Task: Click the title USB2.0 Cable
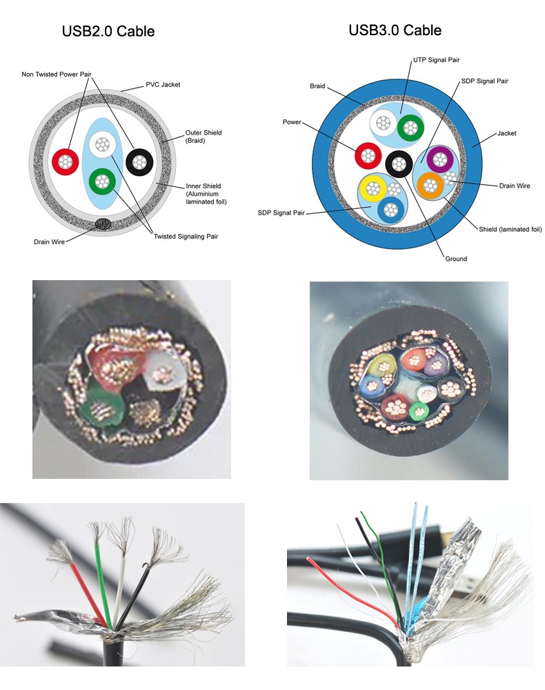(x=108, y=32)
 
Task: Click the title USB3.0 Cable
(x=395, y=30)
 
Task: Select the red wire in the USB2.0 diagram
(x=66, y=161)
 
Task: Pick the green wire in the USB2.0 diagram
(x=102, y=182)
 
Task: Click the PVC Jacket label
(x=163, y=85)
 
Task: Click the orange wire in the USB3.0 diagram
(x=430, y=185)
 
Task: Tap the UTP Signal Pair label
(x=435, y=60)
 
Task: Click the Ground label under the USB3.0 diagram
(x=456, y=259)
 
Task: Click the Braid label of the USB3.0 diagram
(x=317, y=87)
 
